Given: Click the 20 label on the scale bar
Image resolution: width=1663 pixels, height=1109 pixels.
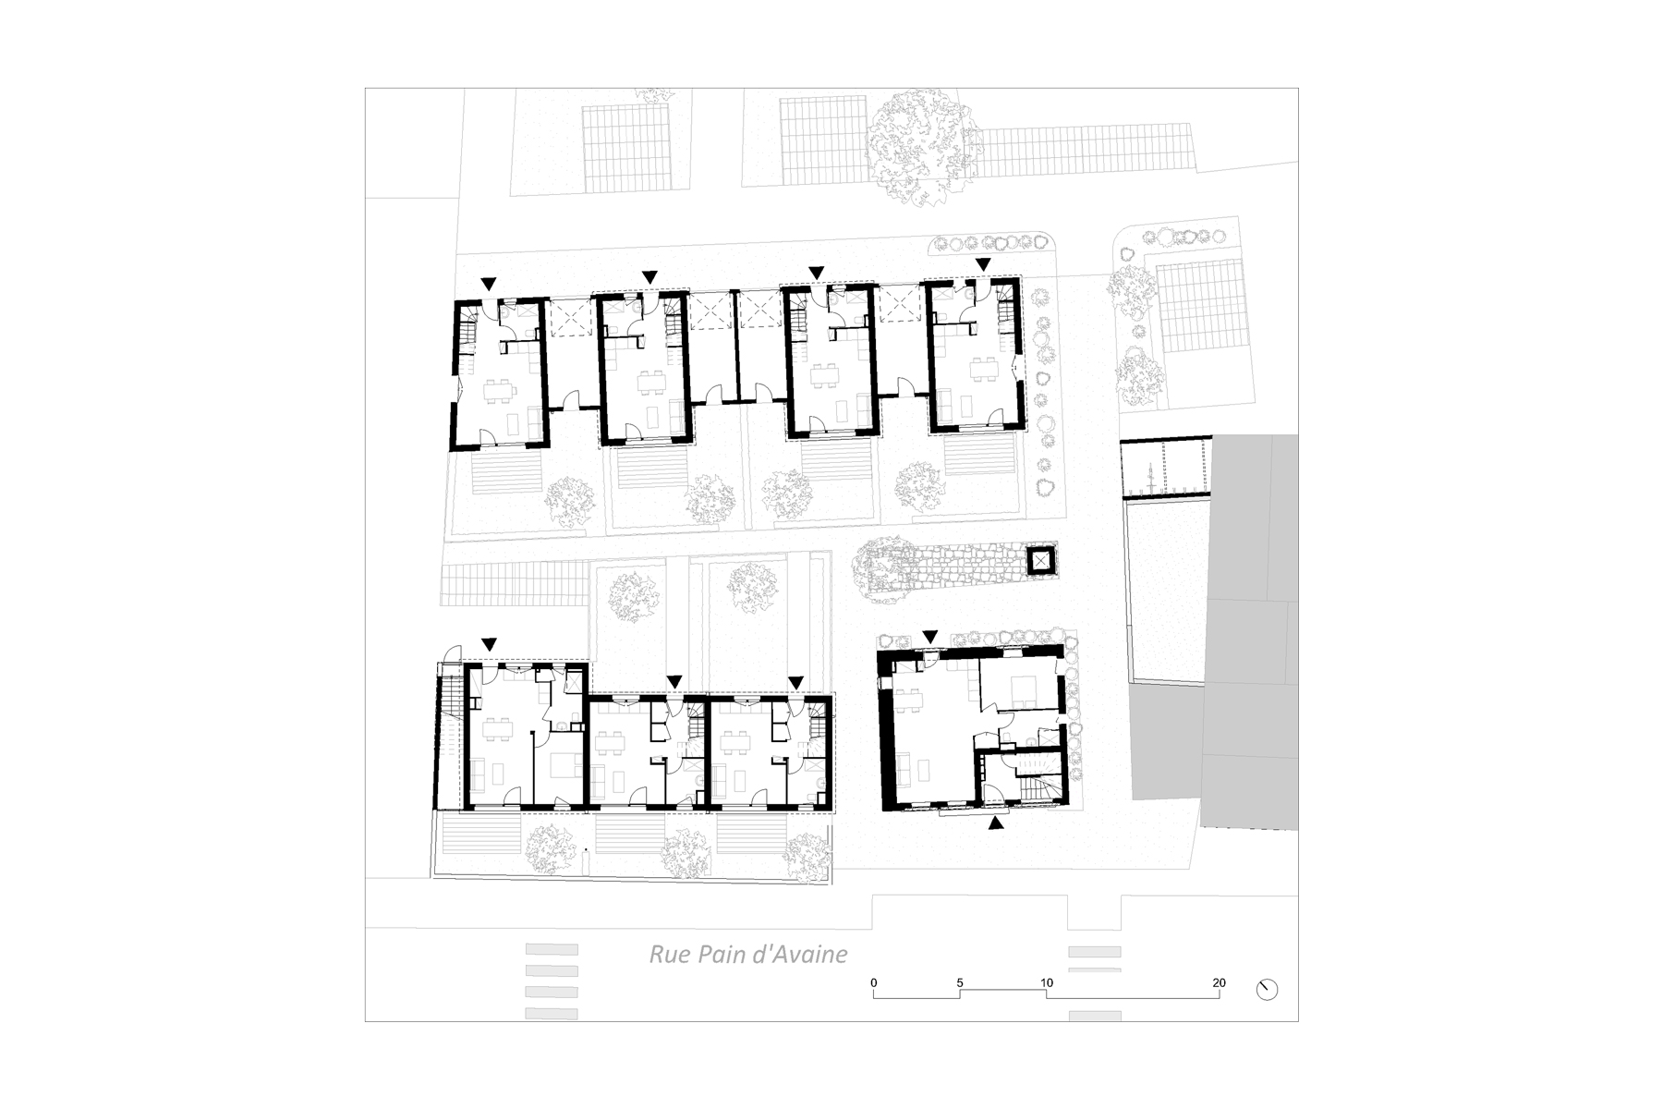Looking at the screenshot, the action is (x=1219, y=982).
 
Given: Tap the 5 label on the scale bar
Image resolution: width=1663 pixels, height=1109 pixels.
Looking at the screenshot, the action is (x=960, y=982).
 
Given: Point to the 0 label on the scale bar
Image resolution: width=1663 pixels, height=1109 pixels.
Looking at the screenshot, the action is (x=874, y=982).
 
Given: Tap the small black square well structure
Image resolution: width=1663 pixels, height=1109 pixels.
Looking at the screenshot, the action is (x=1041, y=560).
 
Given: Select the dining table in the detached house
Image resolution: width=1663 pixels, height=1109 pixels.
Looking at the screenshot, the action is (x=908, y=701).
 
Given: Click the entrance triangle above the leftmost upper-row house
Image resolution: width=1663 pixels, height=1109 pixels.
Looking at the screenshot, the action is (x=489, y=283).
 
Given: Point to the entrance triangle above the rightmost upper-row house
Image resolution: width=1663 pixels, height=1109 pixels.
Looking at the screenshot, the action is (x=983, y=264).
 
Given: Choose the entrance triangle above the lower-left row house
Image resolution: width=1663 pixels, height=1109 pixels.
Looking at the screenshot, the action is (x=489, y=643).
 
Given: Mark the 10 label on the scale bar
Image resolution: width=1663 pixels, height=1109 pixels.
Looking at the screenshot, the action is (x=1046, y=982).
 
